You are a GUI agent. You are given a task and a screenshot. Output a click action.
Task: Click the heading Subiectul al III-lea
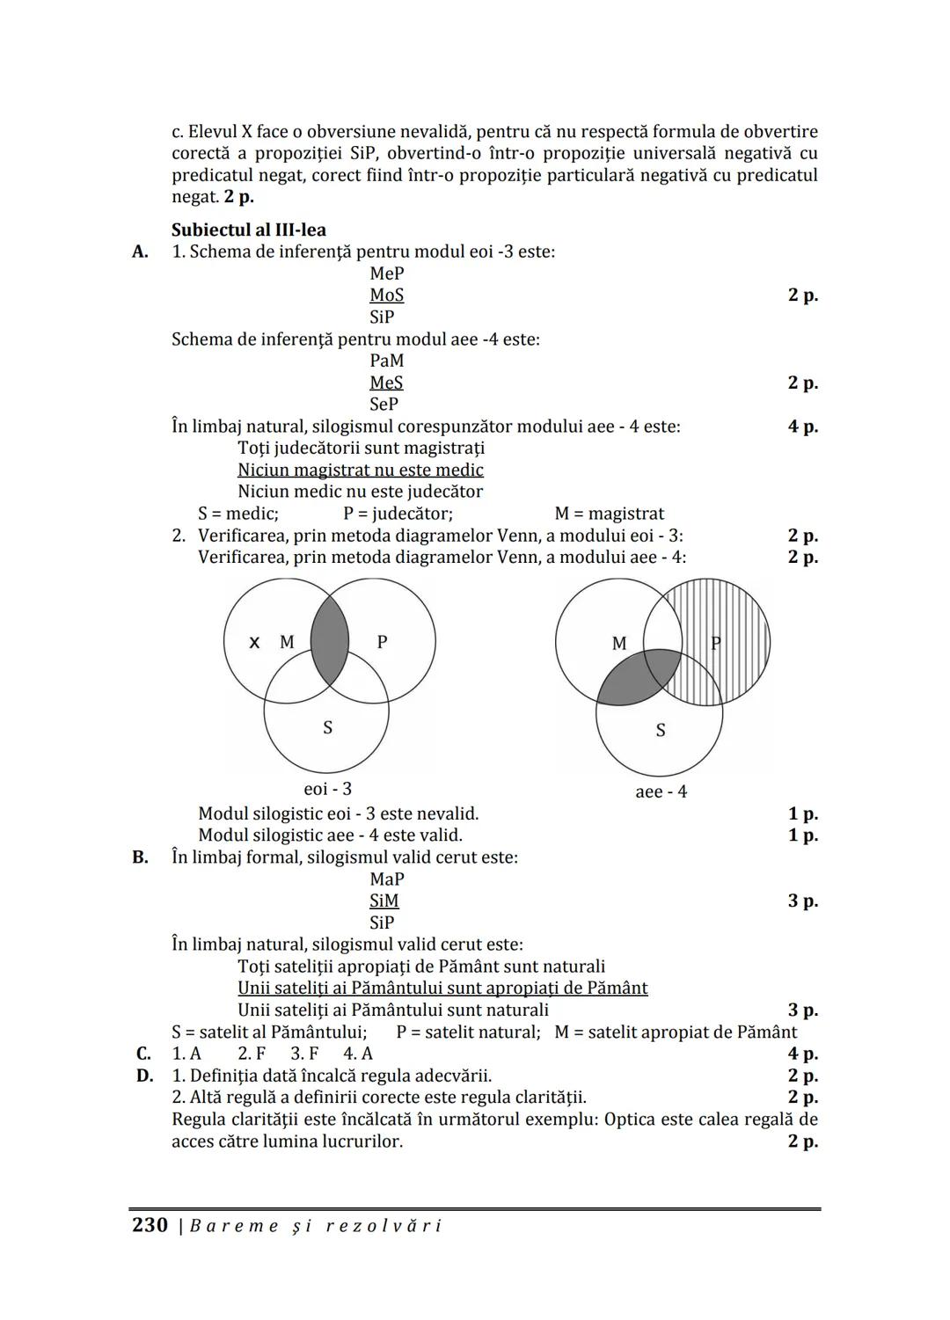(248, 230)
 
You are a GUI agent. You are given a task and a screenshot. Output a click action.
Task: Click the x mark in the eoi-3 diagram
(254, 642)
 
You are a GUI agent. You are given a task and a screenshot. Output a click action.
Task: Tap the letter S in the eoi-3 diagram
(328, 727)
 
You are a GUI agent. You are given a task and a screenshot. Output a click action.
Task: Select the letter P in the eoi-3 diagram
(382, 642)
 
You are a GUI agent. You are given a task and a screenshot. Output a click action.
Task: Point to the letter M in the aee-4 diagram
(619, 644)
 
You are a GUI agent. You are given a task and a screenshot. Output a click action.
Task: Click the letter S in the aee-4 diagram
(661, 730)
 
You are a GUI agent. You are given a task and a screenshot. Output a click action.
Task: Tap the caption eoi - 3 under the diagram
(327, 789)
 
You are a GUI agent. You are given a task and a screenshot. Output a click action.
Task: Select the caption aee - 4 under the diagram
(661, 791)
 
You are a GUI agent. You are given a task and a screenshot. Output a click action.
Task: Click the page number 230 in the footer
(150, 1225)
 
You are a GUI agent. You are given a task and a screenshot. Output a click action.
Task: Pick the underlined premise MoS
(386, 295)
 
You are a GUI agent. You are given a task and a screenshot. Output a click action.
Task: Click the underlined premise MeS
(386, 383)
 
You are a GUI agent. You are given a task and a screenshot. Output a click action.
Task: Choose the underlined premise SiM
(384, 901)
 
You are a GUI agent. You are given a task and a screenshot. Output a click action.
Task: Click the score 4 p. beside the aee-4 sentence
(802, 427)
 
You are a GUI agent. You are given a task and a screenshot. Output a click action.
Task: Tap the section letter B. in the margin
(140, 857)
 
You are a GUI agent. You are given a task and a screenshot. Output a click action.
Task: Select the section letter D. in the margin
(144, 1076)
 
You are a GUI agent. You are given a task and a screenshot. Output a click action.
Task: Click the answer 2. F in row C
(252, 1054)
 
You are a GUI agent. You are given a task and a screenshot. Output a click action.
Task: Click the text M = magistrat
(609, 514)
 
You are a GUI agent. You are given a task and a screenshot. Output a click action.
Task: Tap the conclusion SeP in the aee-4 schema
(384, 405)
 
